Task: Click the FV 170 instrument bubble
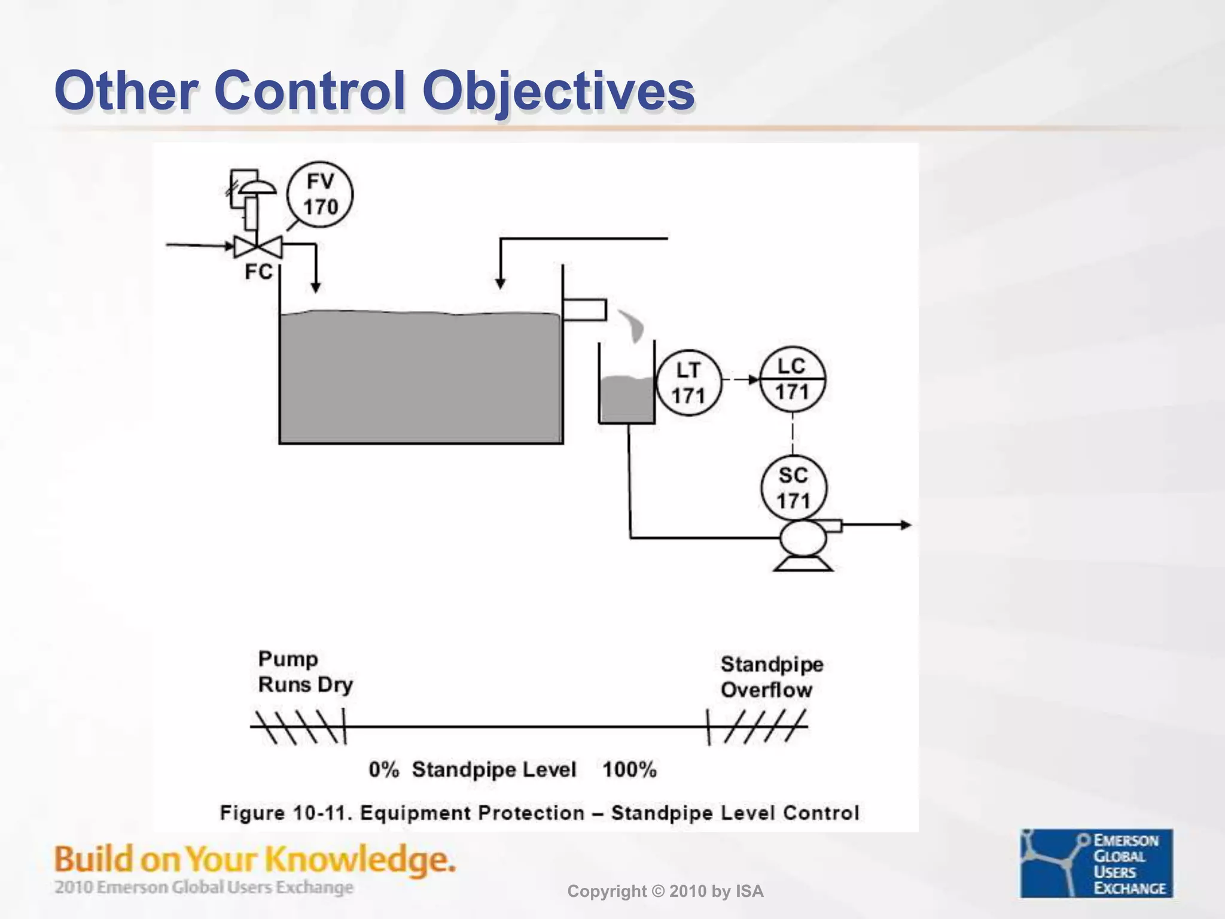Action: pyautogui.click(x=320, y=194)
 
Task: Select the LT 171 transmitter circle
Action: pyautogui.click(x=688, y=383)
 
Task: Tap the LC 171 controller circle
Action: pyautogui.click(x=793, y=379)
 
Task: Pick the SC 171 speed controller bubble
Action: pyautogui.click(x=794, y=488)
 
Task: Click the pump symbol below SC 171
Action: pyautogui.click(x=803, y=540)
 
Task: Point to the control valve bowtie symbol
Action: pyautogui.click(x=258, y=247)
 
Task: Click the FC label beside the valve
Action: pyautogui.click(x=258, y=272)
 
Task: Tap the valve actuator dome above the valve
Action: pyautogui.click(x=257, y=187)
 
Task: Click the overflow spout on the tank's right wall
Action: pyautogui.click(x=584, y=310)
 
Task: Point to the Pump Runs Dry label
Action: pyautogui.click(x=305, y=672)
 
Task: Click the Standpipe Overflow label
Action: pyautogui.click(x=772, y=677)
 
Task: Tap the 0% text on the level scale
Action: pyautogui.click(x=383, y=769)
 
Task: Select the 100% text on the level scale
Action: pyautogui.click(x=629, y=769)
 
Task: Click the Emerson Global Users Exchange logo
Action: pyautogui.click(x=1096, y=863)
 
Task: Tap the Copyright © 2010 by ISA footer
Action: pyautogui.click(x=665, y=891)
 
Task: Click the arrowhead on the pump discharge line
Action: pyautogui.click(x=905, y=525)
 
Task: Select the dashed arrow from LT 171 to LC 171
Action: pyautogui.click(x=741, y=379)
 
